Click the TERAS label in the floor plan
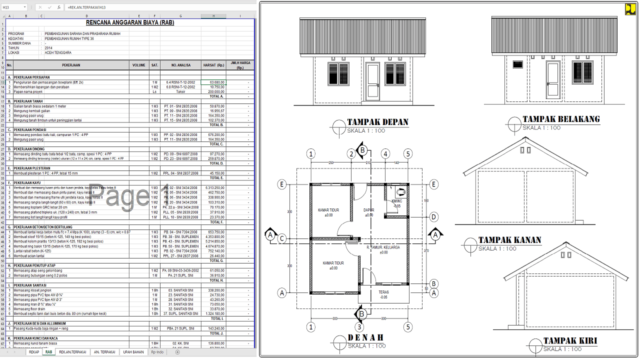point(384,292)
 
